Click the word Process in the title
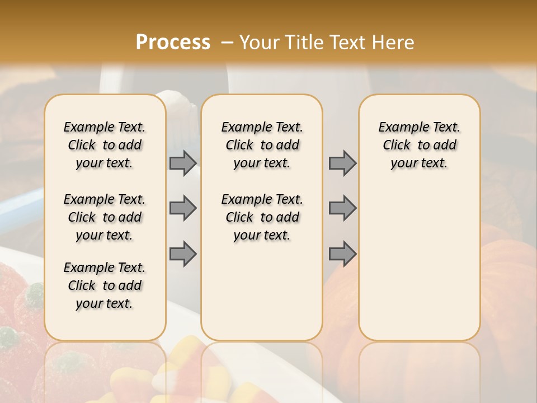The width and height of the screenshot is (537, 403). [173, 42]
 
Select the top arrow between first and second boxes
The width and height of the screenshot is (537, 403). [183, 163]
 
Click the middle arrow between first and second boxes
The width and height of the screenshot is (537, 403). [183, 208]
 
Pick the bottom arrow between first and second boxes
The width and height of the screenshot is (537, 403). [183, 254]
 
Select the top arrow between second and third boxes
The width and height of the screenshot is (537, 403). [342, 163]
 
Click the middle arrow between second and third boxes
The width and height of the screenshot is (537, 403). [342, 208]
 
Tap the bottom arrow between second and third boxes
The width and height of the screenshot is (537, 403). [342, 254]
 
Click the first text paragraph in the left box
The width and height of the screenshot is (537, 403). [105, 145]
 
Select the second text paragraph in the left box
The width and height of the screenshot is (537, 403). [105, 217]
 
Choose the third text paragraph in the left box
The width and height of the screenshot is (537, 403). [105, 285]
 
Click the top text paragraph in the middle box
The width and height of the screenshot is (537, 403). [262, 145]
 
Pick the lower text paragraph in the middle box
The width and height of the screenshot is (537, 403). [262, 217]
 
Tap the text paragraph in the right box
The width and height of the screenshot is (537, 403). [419, 145]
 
